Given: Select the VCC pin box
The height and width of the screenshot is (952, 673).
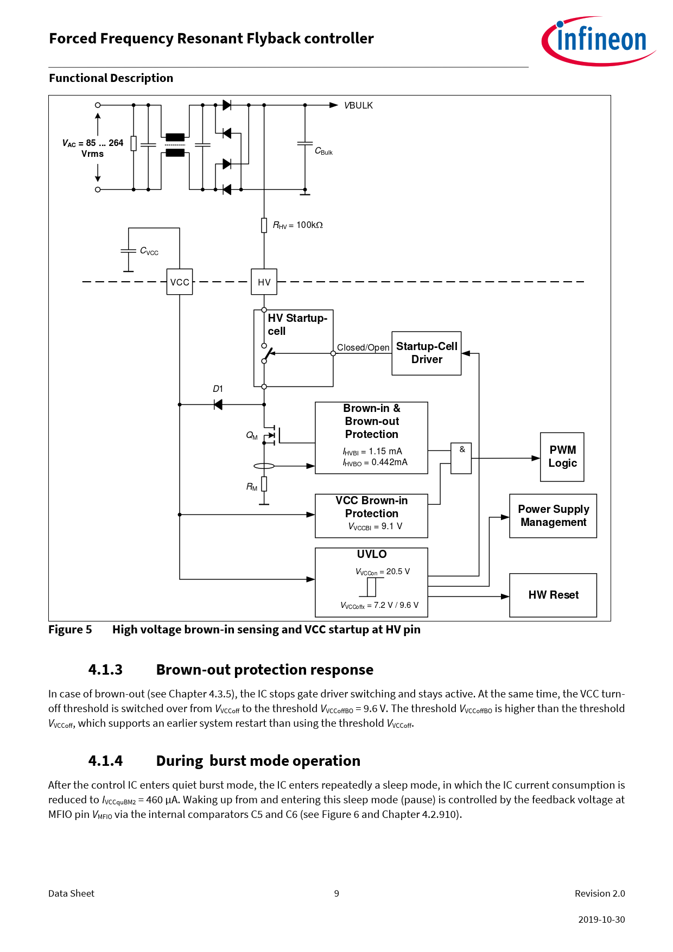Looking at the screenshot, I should (x=180, y=282).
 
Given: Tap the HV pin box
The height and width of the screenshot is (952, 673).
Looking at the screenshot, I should (x=264, y=282).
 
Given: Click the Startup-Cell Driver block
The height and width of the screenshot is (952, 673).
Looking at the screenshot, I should (x=427, y=353).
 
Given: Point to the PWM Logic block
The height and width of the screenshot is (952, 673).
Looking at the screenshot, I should (x=562, y=457).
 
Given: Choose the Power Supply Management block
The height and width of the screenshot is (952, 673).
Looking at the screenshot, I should (x=553, y=516).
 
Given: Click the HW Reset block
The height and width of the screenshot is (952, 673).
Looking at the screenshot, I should (x=553, y=595).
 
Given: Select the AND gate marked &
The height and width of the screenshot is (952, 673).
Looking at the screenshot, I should (x=461, y=458).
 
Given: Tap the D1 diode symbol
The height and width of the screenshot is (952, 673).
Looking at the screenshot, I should (x=218, y=404).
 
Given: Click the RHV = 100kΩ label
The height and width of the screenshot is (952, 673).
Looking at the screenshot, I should (x=298, y=225).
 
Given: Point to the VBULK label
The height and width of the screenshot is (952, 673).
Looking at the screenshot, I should (x=359, y=106).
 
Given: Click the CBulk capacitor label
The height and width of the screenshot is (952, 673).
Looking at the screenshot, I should (x=323, y=151).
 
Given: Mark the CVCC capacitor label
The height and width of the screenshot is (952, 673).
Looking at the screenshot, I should (x=149, y=251).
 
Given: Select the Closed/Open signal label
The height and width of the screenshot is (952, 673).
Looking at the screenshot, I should (x=363, y=348).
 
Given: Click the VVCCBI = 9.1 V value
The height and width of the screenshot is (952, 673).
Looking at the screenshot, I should (x=375, y=526).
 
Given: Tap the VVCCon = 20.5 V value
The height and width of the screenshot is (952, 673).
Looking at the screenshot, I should (x=383, y=572).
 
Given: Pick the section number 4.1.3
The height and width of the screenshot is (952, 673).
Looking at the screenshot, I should (x=105, y=670).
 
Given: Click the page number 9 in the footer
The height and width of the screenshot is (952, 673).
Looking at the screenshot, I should (x=336, y=893).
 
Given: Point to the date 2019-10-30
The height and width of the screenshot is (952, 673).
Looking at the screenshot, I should (x=601, y=919).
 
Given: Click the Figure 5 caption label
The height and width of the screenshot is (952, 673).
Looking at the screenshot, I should (x=70, y=630).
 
